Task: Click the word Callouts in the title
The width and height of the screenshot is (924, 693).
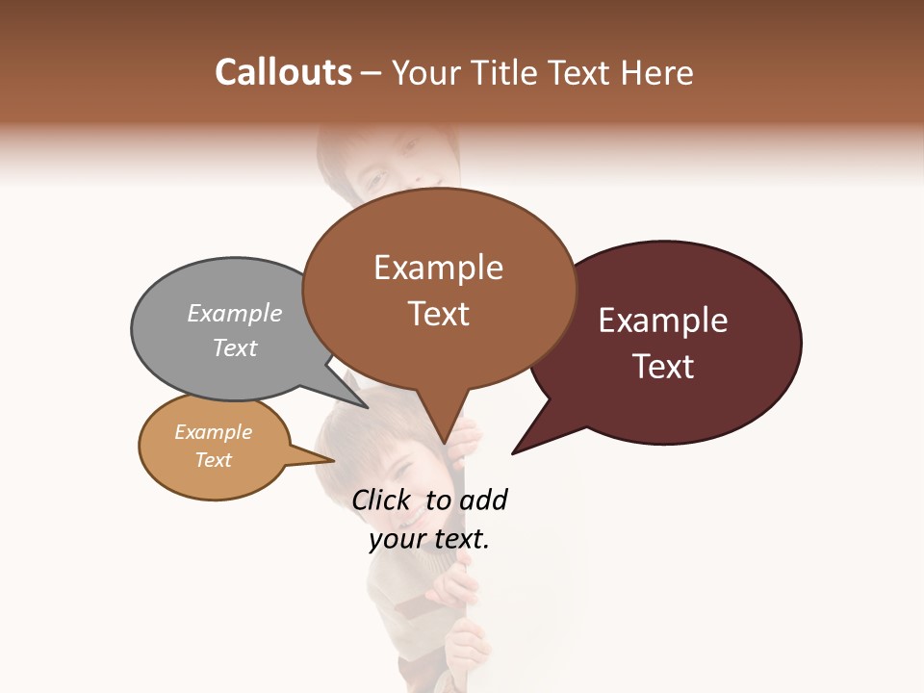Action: pos(283,72)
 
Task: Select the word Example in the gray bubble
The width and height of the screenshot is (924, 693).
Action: pos(235,313)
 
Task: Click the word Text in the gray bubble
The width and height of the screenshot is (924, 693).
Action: pos(235,347)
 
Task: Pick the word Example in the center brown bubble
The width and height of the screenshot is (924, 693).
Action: pos(438,268)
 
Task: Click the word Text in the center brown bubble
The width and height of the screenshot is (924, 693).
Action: pos(438,314)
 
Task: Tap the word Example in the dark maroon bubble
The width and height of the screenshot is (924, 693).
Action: pos(663,321)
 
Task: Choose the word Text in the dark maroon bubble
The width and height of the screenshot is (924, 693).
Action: pos(663,367)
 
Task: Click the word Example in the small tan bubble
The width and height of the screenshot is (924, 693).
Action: pos(213,432)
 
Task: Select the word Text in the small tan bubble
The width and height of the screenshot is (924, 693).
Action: pos(213,460)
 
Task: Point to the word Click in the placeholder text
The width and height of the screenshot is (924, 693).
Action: pos(380,500)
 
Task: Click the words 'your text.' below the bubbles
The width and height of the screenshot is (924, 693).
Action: pos(429,539)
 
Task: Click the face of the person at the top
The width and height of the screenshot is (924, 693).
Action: pos(395,164)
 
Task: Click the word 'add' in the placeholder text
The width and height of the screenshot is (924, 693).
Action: pos(483,500)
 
